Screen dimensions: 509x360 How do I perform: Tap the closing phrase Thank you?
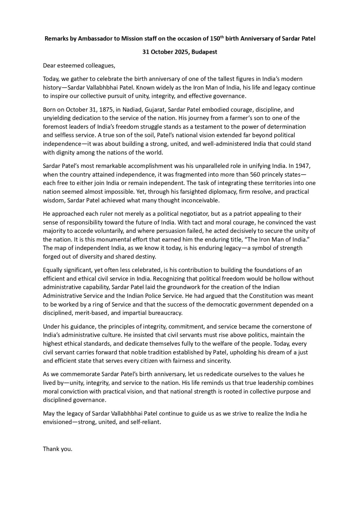pyautogui.click(x=58, y=449)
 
